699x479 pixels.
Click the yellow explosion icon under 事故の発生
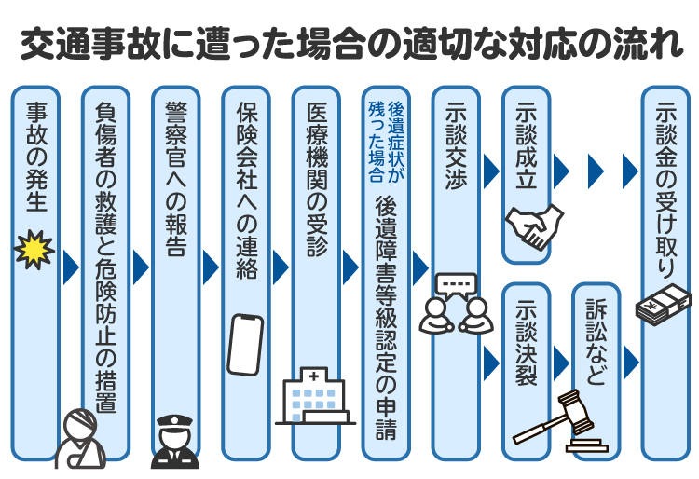(x=35, y=251)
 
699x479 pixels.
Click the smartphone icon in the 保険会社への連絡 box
(x=245, y=344)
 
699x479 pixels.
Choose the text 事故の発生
(x=35, y=157)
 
